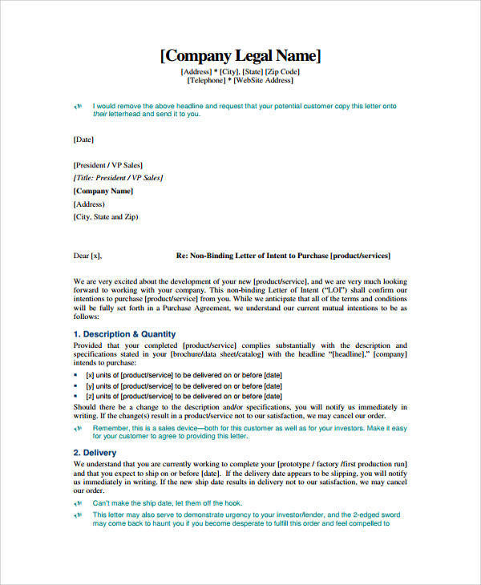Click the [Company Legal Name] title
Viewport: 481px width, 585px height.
[240, 55]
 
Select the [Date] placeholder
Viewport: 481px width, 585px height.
[83, 139]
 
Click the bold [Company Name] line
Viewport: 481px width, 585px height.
[103, 191]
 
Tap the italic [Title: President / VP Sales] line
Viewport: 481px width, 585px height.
[118, 178]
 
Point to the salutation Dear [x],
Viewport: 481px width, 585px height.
[88, 256]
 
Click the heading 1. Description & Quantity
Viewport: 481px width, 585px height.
[124, 334]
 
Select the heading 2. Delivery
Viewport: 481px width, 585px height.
[95, 453]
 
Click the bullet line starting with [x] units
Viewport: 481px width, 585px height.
[184, 374]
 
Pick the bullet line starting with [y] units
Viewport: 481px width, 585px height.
[184, 385]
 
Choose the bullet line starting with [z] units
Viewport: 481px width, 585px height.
[184, 396]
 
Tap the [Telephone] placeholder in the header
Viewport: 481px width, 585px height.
[206, 80]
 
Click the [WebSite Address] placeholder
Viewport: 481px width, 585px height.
[264, 80]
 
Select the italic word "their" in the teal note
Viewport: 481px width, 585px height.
[100, 114]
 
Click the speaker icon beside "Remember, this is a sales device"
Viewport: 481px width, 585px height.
[78, 430]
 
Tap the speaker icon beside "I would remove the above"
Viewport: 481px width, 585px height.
[78, 106]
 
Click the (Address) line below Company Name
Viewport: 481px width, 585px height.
[89, 204]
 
